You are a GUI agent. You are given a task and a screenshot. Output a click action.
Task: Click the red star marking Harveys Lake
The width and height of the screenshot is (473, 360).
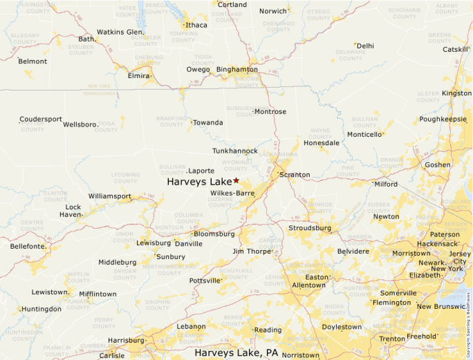[x=236, y=180]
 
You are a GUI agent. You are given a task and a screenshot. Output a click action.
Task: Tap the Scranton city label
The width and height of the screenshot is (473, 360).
[x=295, y=175]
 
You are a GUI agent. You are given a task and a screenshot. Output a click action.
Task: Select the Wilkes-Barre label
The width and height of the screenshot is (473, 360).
[x=232, y=193]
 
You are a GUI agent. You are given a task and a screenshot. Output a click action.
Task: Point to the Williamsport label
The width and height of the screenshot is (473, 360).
[x=110, y=196]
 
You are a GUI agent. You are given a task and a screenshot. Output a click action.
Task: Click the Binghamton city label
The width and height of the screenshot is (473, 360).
[x=237, y=70]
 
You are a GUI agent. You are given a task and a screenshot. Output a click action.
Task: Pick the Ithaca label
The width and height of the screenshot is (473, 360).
[x=196, y=26]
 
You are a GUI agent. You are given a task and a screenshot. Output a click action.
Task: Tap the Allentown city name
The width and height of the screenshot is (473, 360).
[x=308, y=285]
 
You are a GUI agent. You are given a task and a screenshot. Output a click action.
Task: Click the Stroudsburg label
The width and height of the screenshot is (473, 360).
[x=310, y=228]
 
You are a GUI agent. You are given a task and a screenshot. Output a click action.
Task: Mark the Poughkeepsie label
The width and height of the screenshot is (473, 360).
[x=443, y=119]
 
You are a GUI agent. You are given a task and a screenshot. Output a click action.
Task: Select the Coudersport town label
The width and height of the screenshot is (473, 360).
[x=41, y=119]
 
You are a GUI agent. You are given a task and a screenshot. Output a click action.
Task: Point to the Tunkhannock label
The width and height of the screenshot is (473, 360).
[x=234, y=151]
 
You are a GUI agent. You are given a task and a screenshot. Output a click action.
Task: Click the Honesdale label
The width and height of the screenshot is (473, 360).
[x=322, y=143]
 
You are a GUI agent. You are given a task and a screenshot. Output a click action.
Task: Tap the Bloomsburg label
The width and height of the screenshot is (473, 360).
[x=214, y=234]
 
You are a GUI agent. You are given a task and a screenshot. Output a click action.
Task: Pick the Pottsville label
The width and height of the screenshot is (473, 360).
[x=205, y=281]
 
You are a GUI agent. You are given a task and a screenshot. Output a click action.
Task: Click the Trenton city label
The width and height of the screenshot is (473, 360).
[x=392, y=339]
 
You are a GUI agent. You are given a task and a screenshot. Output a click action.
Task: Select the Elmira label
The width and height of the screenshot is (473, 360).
[x=138, y=76]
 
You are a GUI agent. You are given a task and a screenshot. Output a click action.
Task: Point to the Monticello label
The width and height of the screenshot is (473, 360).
[x=364, y=135]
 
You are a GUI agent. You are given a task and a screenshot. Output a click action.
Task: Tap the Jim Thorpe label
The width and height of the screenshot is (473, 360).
[x=252, y=252]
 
